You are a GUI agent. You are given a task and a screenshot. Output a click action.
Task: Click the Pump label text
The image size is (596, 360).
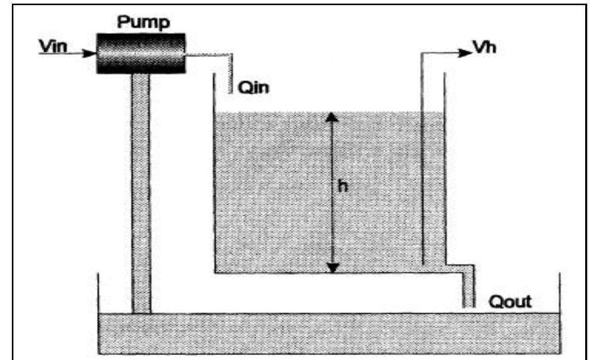[x=143, y=22]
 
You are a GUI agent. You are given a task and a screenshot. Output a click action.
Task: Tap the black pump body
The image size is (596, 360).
[x=141, y=53]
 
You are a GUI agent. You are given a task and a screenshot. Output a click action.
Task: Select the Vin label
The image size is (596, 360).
[x=53, y=46]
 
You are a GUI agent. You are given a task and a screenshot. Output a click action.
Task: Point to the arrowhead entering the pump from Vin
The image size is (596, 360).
[x=90, y=53]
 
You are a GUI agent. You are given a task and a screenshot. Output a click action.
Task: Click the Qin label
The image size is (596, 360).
[x=254, y=88]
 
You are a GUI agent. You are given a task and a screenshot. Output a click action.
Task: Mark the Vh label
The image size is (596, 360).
[x=485, y=47]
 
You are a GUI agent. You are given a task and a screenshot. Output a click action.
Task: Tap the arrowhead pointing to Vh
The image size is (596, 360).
[x=465, y=53]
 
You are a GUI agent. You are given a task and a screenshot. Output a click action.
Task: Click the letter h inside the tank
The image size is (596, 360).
[x=343, y=186]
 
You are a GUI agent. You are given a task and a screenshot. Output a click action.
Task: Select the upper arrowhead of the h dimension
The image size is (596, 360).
[x=332, y=117]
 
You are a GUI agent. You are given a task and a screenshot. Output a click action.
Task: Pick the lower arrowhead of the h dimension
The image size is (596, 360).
[x=333, y=268]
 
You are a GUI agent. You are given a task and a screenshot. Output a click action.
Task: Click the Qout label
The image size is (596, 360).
[x=510, y=302]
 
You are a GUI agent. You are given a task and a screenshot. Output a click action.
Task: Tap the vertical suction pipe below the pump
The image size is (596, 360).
[x=141, y=193]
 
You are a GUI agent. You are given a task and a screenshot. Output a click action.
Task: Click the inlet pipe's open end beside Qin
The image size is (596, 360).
[x=230, y=91]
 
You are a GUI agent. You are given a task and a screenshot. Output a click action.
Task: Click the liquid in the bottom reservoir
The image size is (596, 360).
[x=329, y=333]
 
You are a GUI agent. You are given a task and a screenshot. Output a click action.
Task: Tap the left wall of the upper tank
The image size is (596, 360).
[x=214, y=173]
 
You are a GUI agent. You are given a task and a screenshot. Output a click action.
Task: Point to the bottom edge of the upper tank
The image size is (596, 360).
[x=338, y=273]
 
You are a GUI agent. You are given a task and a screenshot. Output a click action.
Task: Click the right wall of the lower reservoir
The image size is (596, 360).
[x=559, y=313]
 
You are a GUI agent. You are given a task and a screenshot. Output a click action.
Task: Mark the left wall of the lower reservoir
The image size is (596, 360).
[x=99, y=313]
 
